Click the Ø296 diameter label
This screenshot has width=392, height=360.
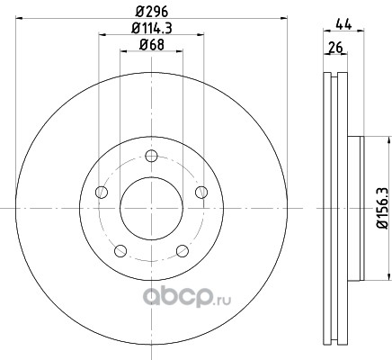[x=152, y=12]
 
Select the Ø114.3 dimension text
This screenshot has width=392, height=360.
[x=152, y=29]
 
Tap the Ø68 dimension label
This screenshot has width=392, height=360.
[x=152, y=45]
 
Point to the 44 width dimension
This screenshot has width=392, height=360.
[x=343, y=24]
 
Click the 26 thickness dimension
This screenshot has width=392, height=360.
[x=335, y=48]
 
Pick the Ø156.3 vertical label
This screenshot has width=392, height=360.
[x=383, y=209]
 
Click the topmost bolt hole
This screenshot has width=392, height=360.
[x=151, y=156]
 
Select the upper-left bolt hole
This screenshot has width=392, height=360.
[x=102, y=193]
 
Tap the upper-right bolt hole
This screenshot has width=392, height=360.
[x=201, y=193]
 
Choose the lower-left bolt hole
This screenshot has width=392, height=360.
[x=120, y=251]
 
